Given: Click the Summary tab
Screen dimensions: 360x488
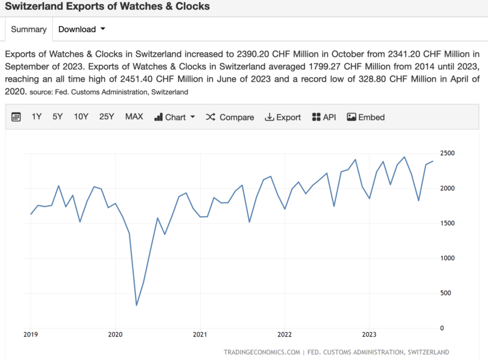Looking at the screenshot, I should pyautogui.click(x=28, y=29).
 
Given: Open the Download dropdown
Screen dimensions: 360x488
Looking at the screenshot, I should pyautogui.click(x=81, y=29).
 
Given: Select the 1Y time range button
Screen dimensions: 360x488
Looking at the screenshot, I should pyautogui.click(x=37, y=117).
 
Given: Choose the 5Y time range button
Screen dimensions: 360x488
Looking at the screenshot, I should pyautogui.click(x=58, y=117).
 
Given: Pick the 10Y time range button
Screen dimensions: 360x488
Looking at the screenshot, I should pyautogui.click(x=81, y=117).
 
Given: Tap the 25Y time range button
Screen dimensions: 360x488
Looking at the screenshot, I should pyautogui.click(x=106, y=117).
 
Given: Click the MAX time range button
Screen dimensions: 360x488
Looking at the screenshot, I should pyautogui.click(x=134, y=117).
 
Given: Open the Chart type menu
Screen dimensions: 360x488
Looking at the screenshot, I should pyautogui.click(x=175, y=117).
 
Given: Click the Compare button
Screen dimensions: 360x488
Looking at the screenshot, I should pyautogui.click(x=230, y=117).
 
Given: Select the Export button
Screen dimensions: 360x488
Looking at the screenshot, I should pyautogui.click(x=283, y=117).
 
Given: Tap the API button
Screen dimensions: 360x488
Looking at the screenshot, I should pyautogui.click(x=324, y=117).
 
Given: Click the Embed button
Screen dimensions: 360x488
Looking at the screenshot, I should pyautogui.click(x=366, y=117).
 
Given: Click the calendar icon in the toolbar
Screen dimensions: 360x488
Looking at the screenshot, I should pyautogui.click(x=16, y=117).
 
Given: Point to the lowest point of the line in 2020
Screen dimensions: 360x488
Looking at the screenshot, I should pyautogui.click(x=136, y=305).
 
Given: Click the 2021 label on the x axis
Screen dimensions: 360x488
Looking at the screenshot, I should pyautogui.click(x=200, y=335).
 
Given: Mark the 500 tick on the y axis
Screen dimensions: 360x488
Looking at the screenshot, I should pyautogui.click(x=445, y=293).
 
